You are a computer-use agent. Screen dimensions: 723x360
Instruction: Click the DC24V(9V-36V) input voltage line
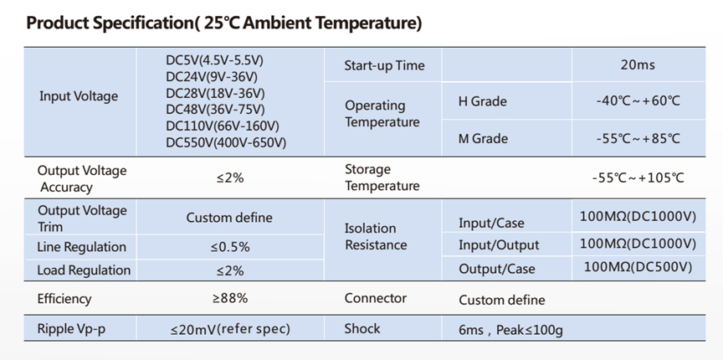point(212,77)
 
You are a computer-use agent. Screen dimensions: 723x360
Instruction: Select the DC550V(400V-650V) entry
point(226,143)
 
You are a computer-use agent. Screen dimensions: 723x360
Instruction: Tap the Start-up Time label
point(384,65)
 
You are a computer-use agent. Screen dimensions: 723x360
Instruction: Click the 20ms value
point(638,64)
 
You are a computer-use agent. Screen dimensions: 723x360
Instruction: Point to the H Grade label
point(482,101)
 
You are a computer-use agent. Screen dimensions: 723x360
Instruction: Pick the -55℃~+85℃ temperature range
point(638,139)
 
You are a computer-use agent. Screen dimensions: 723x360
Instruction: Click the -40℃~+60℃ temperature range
point(638,101)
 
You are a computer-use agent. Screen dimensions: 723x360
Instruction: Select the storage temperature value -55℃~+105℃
point(638,177)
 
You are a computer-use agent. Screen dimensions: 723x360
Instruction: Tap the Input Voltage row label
point(79,96)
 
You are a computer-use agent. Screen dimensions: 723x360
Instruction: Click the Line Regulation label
point(82,247)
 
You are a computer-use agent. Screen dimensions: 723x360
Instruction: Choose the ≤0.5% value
point(230,247)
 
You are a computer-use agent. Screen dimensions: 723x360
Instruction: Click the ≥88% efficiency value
point(230,298)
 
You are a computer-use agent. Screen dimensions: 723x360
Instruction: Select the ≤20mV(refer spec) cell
point(230,329)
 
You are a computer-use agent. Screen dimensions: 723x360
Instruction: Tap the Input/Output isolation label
point(499,245)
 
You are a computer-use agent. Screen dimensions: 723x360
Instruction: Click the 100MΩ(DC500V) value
point(638,267)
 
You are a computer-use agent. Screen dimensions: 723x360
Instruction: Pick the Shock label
point(362,329)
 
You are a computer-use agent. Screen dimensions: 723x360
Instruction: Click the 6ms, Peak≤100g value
point(511,331)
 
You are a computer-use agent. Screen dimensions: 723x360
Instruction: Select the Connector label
point(376,298)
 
